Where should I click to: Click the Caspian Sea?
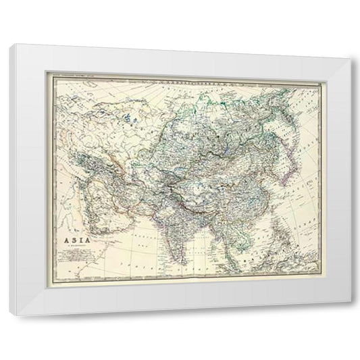(115, 150)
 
